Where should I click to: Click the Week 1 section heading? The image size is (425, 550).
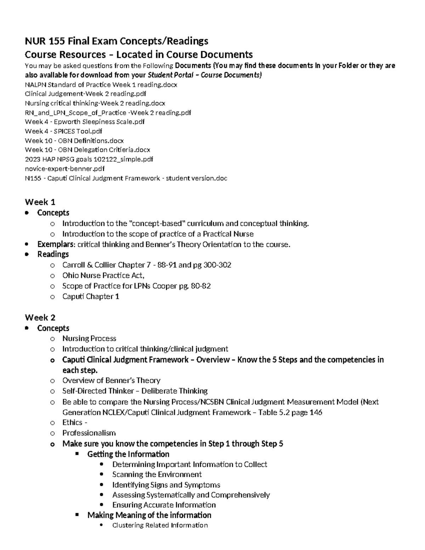point(40,202)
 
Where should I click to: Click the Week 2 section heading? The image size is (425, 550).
point(40,317)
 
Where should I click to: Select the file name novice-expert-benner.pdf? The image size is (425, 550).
point(65,169)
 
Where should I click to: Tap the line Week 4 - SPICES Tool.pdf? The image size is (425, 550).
point(63,131)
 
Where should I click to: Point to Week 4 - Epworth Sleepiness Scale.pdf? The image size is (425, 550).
point(85,122)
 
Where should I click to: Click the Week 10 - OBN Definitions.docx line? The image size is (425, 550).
point(74,141)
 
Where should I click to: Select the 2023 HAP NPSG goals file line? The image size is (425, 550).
point(89,159)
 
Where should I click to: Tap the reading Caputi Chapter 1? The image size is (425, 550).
point(91,296)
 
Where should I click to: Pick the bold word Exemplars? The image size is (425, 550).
point(56,244)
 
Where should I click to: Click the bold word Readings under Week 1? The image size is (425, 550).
point(53,254)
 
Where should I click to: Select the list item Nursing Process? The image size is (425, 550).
point(89,339)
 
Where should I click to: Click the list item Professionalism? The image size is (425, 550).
point(89,433)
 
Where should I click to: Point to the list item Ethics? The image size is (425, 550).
point(73,423)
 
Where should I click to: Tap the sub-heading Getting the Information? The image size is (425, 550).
point(128,454)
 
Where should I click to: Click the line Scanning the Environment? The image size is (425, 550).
point(157,475)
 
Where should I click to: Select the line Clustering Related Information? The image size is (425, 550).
point(160,525)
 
